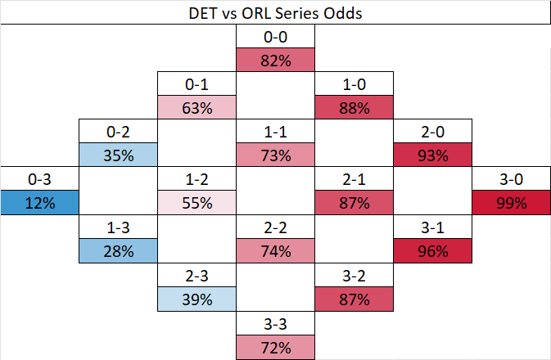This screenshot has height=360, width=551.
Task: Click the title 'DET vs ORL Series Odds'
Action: [275, 13]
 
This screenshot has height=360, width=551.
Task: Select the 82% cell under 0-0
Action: [275, 61]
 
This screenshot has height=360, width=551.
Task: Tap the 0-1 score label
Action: [196, 84]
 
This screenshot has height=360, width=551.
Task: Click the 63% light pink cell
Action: [196, 108]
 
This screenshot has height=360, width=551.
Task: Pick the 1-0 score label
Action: [354, 84]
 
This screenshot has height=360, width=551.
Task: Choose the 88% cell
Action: [354, 108]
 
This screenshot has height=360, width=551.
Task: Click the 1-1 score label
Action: [275, 132]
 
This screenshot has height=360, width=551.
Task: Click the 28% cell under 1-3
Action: [118, 251]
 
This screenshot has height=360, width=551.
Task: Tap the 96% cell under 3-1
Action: [432, 251]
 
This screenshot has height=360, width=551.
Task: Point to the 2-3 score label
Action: [196, 275]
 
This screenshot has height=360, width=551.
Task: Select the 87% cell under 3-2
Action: [354, 299]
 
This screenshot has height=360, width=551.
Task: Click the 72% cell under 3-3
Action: [275, 346]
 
